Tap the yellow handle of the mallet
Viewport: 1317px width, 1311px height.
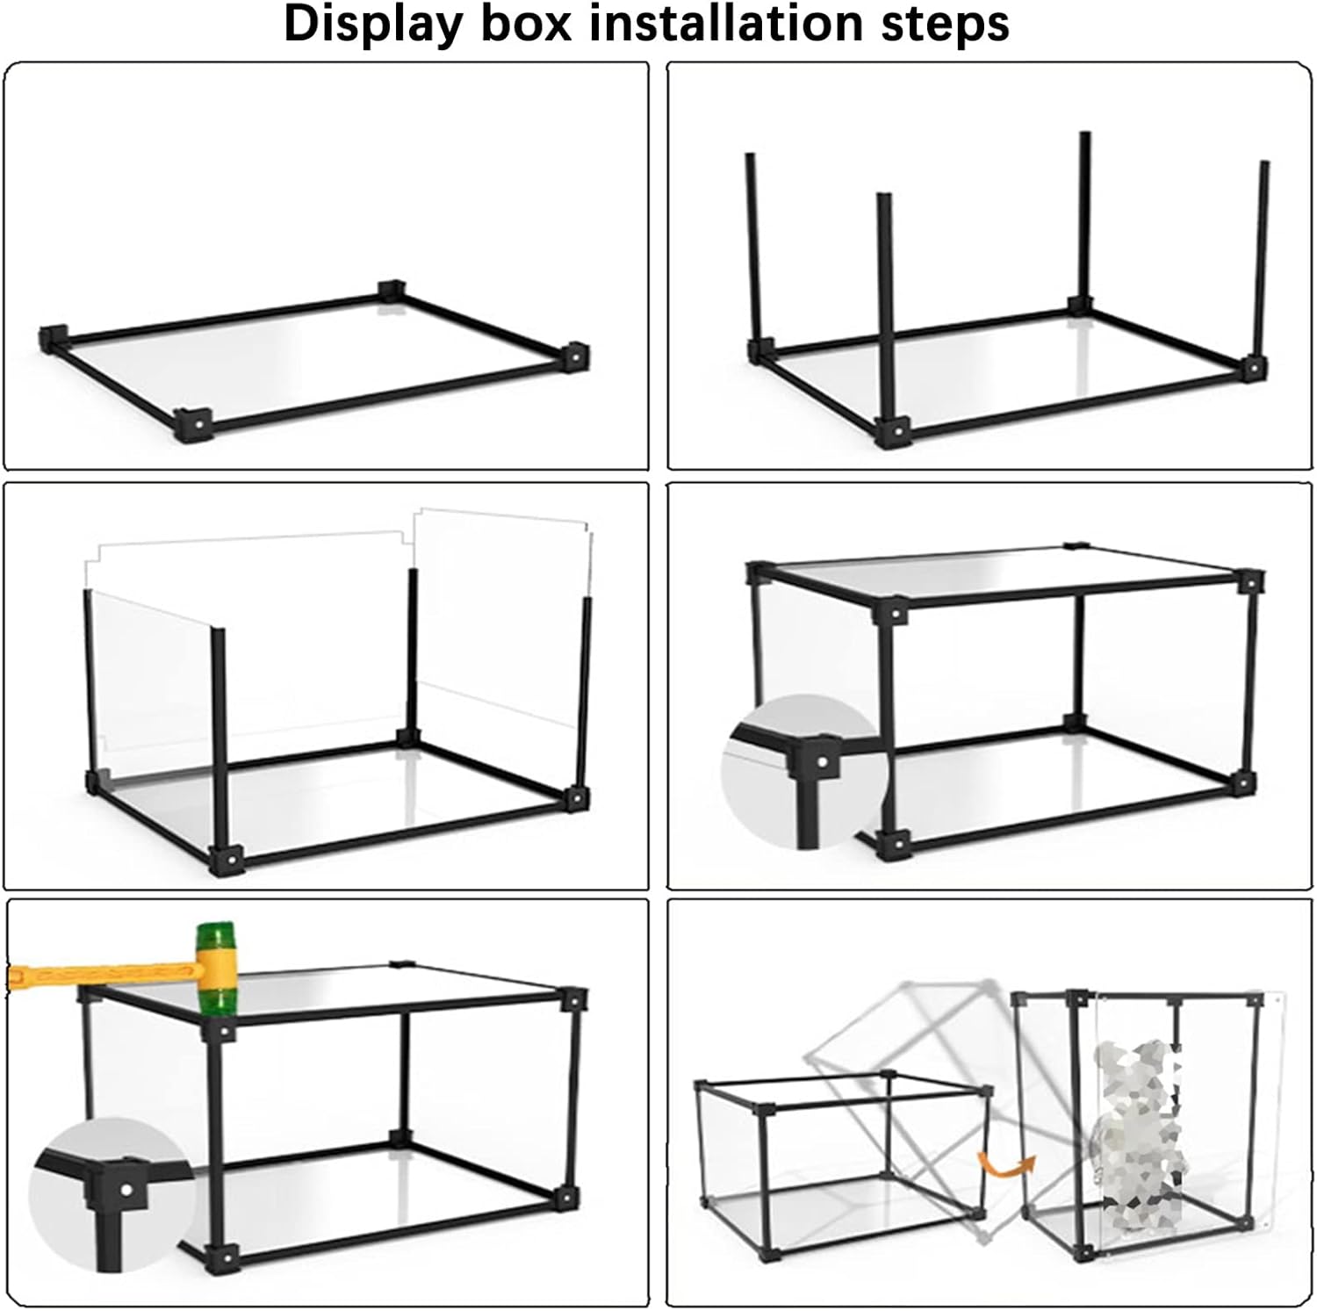point(101,973)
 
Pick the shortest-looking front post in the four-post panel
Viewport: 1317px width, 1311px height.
point(885,307)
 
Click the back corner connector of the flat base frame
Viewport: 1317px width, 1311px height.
point(392,292)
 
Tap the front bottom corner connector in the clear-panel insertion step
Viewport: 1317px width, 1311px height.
point(227,859)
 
